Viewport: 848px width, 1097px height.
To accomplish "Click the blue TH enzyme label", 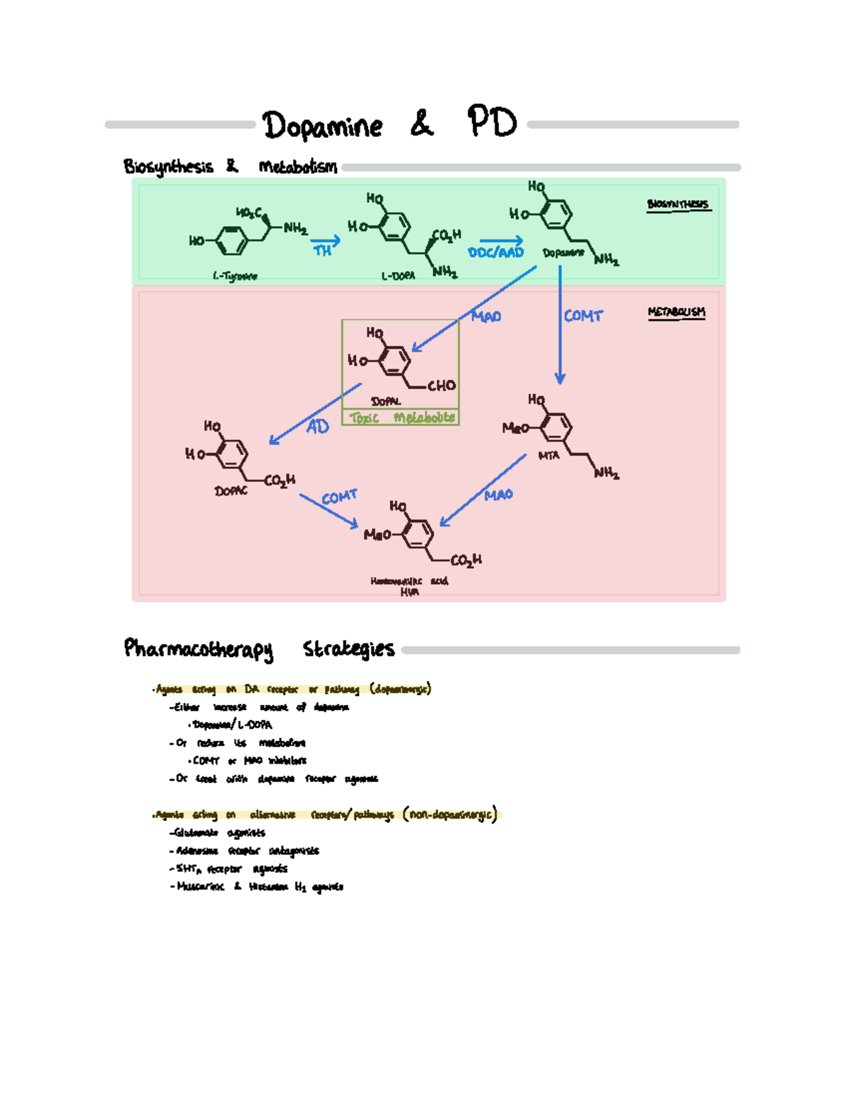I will [322, 250].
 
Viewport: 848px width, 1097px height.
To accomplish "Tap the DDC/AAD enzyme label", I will [495, 252].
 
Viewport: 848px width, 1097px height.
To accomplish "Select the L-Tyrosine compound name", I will [235, 276].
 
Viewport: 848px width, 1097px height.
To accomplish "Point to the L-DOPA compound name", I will [398, 276].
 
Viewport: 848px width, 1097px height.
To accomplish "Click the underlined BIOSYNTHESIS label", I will [678, 204].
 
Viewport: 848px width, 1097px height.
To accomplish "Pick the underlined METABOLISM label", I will [676, 312].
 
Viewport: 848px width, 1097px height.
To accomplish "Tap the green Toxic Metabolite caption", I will [401, 417].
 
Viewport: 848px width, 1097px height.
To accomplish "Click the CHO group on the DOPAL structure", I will [441, 386].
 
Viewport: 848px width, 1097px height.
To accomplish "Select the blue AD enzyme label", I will [317, 427].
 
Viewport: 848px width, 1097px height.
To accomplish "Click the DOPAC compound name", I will [231, 490].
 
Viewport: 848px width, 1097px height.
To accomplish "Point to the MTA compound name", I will [548, 456].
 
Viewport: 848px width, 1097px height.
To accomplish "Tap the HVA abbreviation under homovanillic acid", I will [409, 592].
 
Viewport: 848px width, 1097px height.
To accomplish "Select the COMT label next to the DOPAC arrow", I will [339, 497].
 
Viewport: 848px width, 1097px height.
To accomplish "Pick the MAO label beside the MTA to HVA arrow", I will [498, 495].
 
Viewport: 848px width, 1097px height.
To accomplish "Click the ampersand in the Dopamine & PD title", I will [422, 124].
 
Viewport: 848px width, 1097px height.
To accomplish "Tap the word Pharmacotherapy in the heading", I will [198, 648].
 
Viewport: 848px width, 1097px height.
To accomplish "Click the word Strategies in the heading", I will [348, 648].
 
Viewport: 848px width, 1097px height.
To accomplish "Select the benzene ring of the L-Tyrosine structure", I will [232, 241].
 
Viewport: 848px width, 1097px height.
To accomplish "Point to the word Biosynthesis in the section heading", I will [168, 167].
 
